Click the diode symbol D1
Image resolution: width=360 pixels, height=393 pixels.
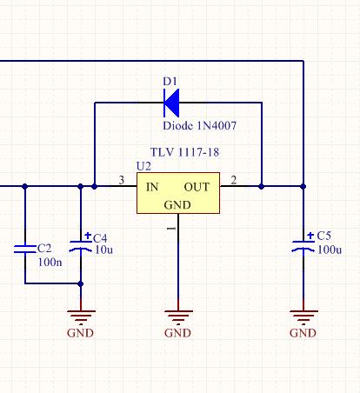coord(171,103)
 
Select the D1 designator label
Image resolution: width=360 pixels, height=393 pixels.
coord(170,82)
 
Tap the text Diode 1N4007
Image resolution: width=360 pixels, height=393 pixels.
coord(200,126)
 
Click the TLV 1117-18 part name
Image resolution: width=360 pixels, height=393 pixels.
coord(184,152)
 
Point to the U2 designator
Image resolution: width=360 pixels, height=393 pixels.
coord(143,166)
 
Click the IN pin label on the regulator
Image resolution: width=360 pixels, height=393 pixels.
coord(152,187)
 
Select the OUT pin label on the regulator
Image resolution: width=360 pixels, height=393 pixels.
coord(197,187)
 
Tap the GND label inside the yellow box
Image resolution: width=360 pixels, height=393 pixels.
coord(177,205)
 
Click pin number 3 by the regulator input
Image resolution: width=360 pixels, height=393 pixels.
coord(122,180)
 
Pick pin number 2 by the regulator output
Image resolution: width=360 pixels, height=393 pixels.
coord(234,180)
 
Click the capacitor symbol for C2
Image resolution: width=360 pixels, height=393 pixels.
coord(25,249)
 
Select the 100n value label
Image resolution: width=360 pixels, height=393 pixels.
coord(50,262)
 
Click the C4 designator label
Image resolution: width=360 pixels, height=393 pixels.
coord(100,238)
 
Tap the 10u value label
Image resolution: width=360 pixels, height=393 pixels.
coord(103,250)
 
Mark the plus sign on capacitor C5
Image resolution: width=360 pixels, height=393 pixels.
coord(310,236)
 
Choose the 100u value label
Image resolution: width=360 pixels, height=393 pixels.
coord(330,250)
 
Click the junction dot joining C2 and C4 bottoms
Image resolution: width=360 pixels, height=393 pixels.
coord(81,283)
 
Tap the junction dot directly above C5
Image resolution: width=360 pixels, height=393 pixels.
coord(303,186)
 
